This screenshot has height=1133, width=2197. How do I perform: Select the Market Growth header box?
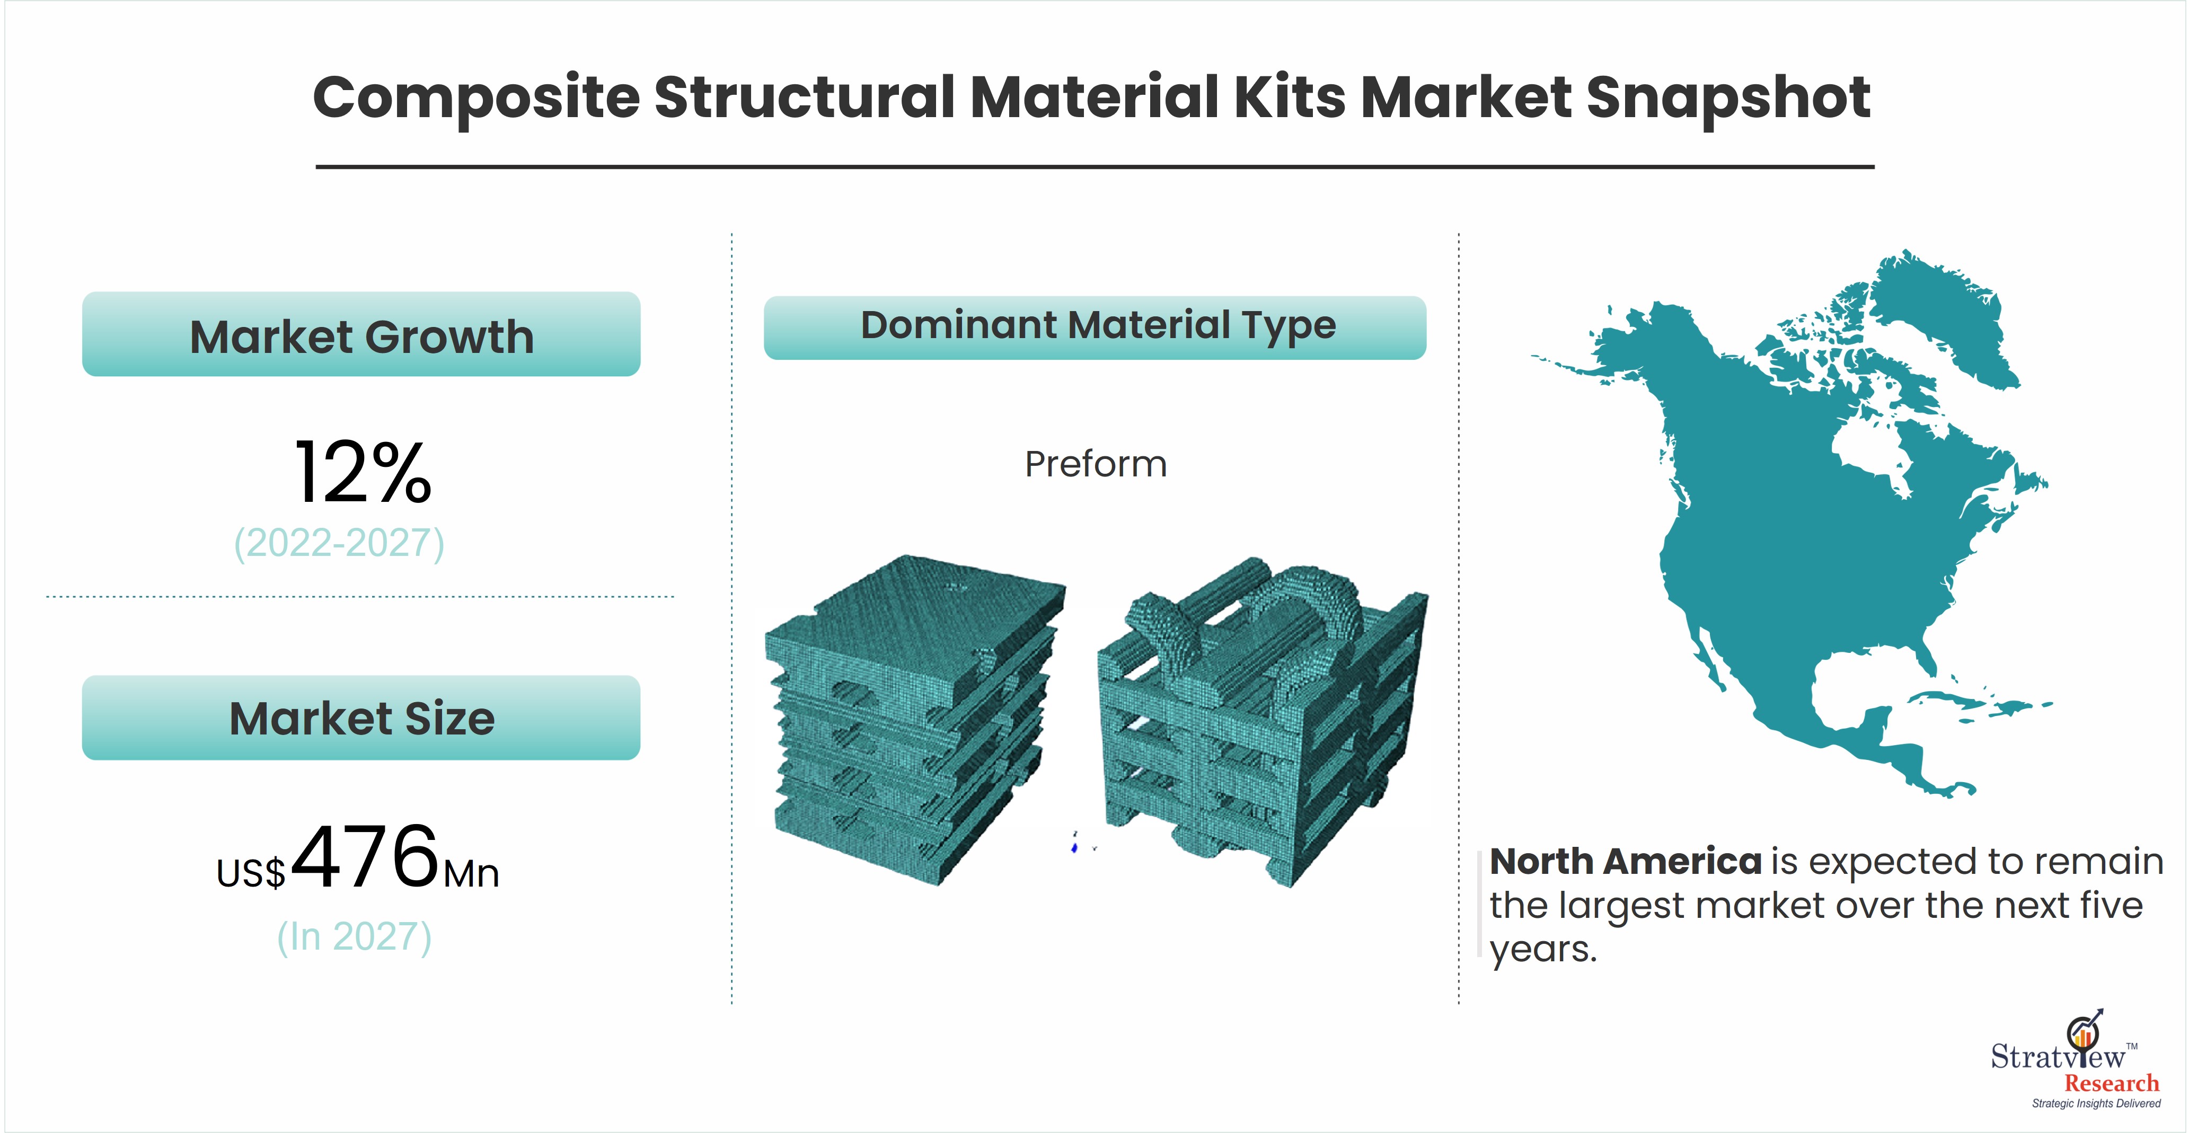click(361, 334)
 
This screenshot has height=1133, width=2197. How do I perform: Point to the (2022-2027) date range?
click(339, 543)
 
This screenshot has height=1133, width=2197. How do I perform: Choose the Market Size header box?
click(361, 718)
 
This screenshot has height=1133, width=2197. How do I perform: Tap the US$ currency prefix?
click(251, 873)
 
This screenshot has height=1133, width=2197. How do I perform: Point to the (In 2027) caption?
click(355, 936)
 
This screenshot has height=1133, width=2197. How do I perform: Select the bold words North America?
click(1626, 862)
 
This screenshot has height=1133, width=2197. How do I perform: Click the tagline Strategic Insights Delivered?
click(2096, 1104)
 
